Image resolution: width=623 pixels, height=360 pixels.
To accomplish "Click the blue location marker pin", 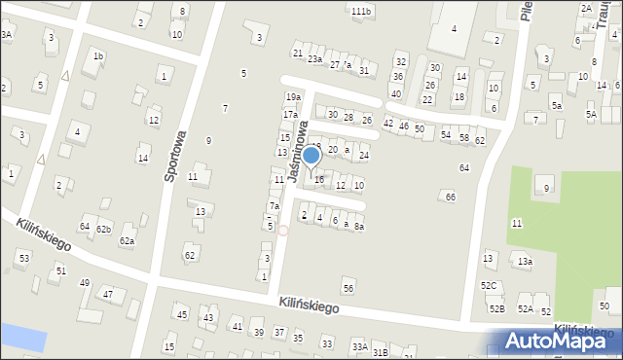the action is click(311, 156).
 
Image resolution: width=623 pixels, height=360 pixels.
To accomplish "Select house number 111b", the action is click(361, 11).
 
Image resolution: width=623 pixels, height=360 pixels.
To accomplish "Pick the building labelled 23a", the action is click(314, 59).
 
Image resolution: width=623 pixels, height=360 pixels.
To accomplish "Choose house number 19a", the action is click(292, 97).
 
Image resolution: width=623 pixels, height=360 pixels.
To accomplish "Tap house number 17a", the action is click(290, 115).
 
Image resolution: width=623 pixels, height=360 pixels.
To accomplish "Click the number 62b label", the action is click(103, 230).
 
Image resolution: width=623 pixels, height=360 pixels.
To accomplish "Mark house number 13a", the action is click(525, 262).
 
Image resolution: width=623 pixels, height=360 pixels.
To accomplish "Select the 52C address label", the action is click(488, 285).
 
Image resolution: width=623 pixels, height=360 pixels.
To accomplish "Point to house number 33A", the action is click(359, 346).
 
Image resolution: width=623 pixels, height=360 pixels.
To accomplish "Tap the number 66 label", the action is click(450, 198).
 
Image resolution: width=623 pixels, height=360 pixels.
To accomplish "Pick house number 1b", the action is click(97, 56).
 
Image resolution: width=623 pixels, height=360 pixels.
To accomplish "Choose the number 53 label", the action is click(23, 258).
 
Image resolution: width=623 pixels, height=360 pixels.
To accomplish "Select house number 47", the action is click(108, 294).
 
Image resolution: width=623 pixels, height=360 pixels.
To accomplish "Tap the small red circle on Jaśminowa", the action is click(282, 231).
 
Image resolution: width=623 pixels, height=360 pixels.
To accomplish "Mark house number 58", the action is click(463, 138).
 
